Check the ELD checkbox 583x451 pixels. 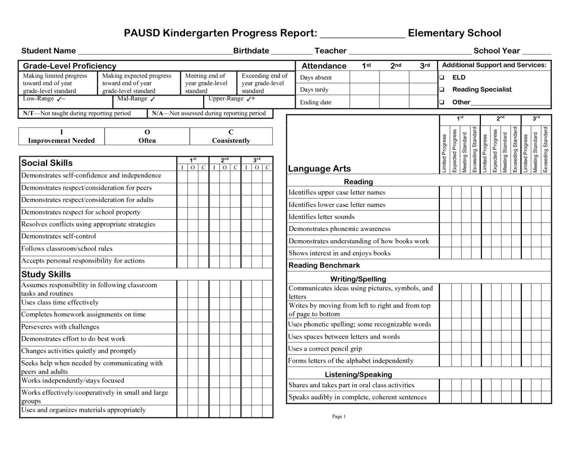[x=442, y=78]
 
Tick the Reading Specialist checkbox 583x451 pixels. [x=442, y=90]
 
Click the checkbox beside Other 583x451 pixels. [x=442, y=102]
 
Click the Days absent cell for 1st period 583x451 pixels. [x=364, y=78]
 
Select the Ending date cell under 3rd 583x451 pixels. [x=423, y=102]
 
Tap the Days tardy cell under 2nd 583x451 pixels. [x=394, y=90]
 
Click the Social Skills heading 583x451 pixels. [x=47, y=163]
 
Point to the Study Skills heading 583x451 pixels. [x=46, y=274]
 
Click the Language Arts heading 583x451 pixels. [x=319, y=169]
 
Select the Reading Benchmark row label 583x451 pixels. [x=324, y=265]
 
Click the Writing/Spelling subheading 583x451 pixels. [x=358, y=279]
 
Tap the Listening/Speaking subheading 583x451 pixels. [x=358, y=375]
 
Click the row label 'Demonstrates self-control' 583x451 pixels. [x=59, y=236]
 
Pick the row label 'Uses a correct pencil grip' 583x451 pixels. [x=325, y=349]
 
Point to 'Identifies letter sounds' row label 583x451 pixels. [x=321, y=217]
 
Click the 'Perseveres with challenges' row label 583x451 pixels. [x=60, y=327]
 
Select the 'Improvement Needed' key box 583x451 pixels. [x=61, y=136]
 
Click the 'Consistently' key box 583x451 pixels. [x=231, y=136]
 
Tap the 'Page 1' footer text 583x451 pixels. [x=339, y=416]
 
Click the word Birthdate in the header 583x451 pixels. [x=251, y=51]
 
